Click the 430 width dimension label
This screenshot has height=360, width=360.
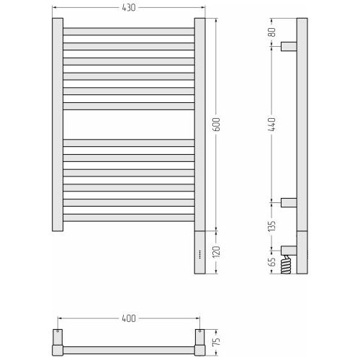tap(129, 8)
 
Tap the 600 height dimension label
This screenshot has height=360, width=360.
tap(216, 125)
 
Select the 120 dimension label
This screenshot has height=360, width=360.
tap(216, 252)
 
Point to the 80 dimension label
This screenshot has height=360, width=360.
tap(272, 32)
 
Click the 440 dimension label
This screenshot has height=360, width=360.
tap(272, 125)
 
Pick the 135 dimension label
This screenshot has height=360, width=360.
tap(272, 226)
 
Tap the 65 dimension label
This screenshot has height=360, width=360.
tap(272, 262)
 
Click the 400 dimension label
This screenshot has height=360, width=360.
tap(129, 318)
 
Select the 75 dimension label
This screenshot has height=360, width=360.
tap(216, 341)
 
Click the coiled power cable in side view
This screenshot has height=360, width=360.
tap(286, 264)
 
